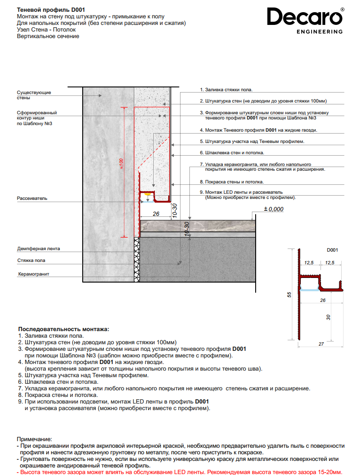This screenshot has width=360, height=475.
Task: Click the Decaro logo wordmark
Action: click(x=305, y=17)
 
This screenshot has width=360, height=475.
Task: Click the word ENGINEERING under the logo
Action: click(x=320, y=32)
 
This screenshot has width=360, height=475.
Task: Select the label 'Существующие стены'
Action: click(x=34, y=95)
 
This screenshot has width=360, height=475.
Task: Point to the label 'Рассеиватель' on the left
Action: click(x=32, y=198)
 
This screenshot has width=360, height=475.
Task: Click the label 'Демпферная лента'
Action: click(x=39, y=248)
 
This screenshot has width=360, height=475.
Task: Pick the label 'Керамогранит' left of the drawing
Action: click(x=34, y=274)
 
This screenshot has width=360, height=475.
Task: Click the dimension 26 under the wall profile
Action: click(x=156, y=214)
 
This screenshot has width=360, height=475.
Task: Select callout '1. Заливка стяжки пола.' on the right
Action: click(x=226, y=89)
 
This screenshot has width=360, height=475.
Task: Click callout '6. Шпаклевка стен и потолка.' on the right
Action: click(x=232, y=153)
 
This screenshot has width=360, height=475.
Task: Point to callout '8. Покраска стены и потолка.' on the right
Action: click(x=232, y=182)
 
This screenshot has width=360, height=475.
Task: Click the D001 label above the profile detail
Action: click(x=332, y=250)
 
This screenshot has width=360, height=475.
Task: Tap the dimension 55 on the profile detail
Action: click(x=290, y=295)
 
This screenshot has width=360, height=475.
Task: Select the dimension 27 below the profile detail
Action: click(x=321, y=344)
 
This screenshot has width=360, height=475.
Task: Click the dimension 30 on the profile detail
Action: click(x=329, y=317)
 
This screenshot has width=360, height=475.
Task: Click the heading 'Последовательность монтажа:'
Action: click(x=63, y=329)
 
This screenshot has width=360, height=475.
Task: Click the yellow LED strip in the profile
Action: click(x=147, y=194)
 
